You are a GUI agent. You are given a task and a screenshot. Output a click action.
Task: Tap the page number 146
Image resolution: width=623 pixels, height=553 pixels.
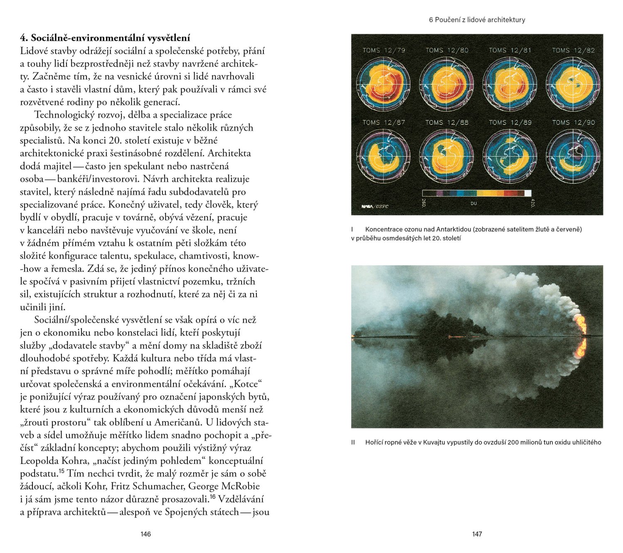(x=145, y=534)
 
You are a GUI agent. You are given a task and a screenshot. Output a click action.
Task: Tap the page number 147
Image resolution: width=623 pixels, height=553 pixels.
(x=477, y=534)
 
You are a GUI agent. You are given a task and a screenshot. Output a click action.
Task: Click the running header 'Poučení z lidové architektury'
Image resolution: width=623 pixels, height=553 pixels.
(x=480, y=20)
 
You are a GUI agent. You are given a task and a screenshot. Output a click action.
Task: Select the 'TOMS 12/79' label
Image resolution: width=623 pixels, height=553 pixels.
(x=384, y=50)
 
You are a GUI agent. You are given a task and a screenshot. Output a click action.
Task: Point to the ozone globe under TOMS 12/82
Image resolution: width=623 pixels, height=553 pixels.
(x=573, y=84)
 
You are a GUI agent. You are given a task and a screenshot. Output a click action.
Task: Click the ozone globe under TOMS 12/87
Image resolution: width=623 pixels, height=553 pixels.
(x=383, y=156)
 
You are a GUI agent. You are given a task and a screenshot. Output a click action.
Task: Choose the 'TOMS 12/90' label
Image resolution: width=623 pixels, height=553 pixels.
(x=573, y=122)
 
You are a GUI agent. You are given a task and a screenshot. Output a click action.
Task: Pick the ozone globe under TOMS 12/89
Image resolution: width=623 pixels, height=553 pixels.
(x=510, y=156)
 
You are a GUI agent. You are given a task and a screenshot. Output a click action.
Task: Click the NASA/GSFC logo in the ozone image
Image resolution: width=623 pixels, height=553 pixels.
(x=374, y=206)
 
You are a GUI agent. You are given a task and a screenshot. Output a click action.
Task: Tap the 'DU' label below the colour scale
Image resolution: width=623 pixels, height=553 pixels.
(x=474, y=203)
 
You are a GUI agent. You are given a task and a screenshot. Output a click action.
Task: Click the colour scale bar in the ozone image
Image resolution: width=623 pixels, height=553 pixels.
(x=476, y=193)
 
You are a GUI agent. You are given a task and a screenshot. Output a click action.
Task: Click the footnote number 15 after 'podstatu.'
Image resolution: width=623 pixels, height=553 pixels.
(x=62, y=471)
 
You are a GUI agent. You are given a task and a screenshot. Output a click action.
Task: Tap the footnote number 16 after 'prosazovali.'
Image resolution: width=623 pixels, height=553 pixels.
(x=213, y=497)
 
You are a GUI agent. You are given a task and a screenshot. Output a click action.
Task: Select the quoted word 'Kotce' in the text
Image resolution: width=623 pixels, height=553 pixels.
(x=246, y=384)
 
